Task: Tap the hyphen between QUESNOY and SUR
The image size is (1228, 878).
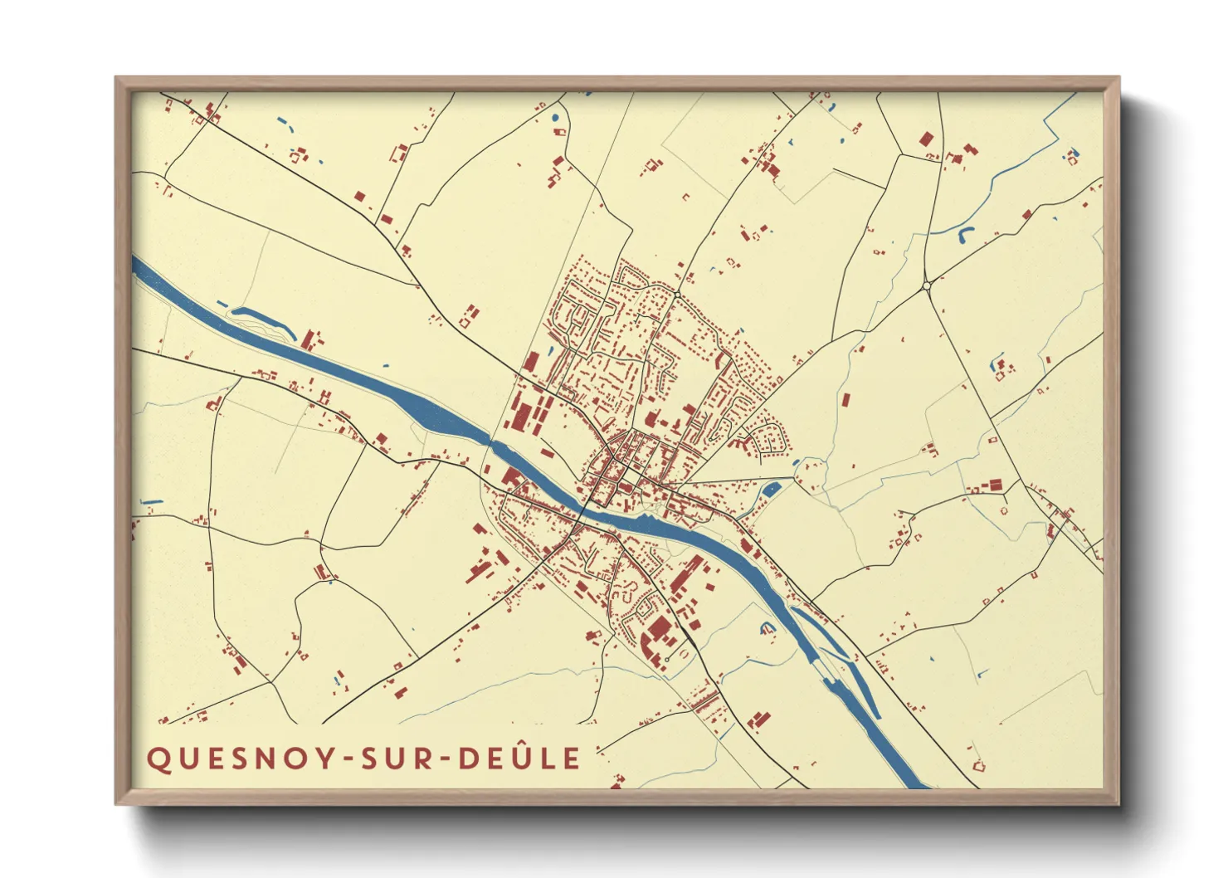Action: coord(344,759)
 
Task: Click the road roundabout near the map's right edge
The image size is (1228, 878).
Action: coord(927,285)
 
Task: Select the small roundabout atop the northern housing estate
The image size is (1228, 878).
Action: coord(677,295)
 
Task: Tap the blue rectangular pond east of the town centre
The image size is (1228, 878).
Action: coord(771,489)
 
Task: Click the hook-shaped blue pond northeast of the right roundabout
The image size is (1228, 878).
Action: coord(965,234)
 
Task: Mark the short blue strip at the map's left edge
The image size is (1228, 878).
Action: coord(151,502)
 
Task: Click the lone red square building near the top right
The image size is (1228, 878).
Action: coord(926,139)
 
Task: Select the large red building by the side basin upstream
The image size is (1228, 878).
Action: coord(310,339)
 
